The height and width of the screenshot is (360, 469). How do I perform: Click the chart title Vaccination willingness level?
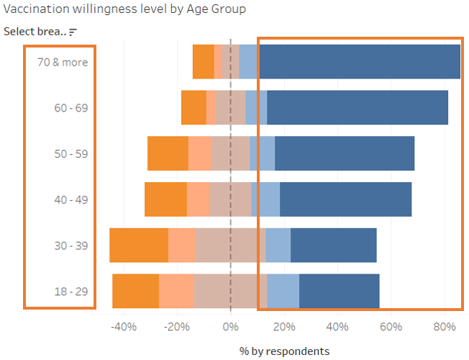pyautogui.click(x=124, y=9)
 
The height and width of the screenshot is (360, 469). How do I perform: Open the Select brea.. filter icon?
pyautogui.click(x=73, y=32)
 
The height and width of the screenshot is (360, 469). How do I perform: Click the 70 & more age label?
pyautogui.click(x=63, y=62)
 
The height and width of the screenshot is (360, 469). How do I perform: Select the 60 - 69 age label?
pyautogui.click(x=70, y=108)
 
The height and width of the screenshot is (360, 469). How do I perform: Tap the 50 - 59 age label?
pyautogui.click(x=70, y=154)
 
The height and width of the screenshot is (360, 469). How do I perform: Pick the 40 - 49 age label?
pyautogui.click(x=70, y=199)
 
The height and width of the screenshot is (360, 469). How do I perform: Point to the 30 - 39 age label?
pyautogui.click(x=70, y=246)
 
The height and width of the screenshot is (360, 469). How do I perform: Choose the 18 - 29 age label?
pyautogui.click(x=70, y=292)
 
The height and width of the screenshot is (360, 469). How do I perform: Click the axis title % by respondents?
pyautogui.click(x=284, y=351)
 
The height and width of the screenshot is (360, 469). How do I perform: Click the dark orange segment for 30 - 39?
pyautogui.click(x=139, y=246)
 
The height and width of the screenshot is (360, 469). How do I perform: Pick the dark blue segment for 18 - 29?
pyautogui.click(x=339, y=292)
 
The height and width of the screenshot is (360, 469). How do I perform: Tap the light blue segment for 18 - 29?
pyautogui.click(x=283, y=292)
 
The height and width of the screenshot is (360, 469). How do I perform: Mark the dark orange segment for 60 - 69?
pyautogui.click(x=193, y=108)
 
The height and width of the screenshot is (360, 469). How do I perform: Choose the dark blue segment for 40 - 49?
pyautogui.click(x=345, y=199)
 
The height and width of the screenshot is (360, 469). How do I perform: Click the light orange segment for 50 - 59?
pyautogui.click(x=199, y=154)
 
